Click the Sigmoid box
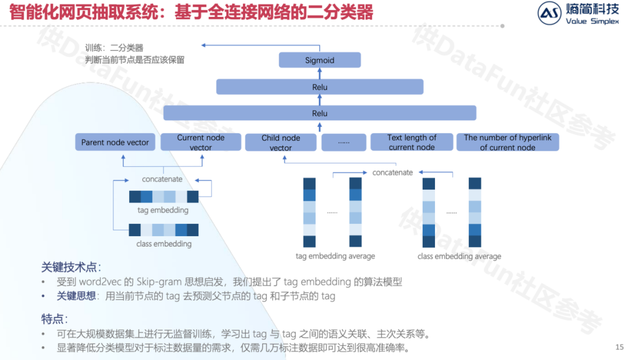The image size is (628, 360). click(320, 60)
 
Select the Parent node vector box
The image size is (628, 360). click(115, 142)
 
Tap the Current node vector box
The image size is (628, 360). click(201, 142)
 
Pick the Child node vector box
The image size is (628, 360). click(281, 142)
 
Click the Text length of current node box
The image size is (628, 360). click(412, 142)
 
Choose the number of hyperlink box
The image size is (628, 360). click(508, 142)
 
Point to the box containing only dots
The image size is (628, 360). click(344, 142)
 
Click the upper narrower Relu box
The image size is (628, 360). click(320, 87)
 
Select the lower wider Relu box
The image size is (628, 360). click(320, 113)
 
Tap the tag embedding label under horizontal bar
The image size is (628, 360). click(163, 210)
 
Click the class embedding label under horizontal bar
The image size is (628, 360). click(163, 244)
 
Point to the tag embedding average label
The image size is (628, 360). click(336, 256)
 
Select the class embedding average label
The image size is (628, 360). click(459, 256)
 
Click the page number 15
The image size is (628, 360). click(619, 347)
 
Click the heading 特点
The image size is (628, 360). click(55, 319)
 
